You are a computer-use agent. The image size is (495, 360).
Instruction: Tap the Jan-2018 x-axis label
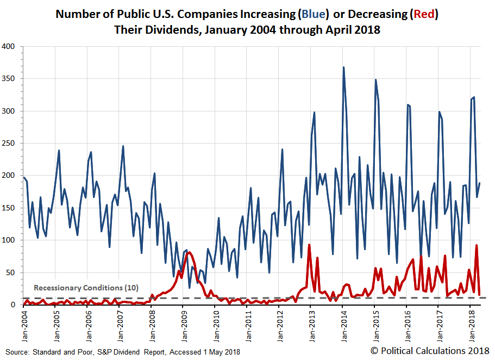tap(471, 323)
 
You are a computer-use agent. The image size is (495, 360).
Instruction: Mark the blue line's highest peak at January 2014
tap(343, 67)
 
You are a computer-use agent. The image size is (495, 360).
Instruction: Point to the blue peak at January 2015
tap(375, 80)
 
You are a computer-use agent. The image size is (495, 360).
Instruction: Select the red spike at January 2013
tap(309, 245)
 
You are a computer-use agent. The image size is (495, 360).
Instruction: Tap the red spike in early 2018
tap(477, 245)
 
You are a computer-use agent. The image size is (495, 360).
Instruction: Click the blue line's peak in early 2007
tap(123, 146)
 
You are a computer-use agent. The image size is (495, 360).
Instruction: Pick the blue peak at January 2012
tap(282, 149)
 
